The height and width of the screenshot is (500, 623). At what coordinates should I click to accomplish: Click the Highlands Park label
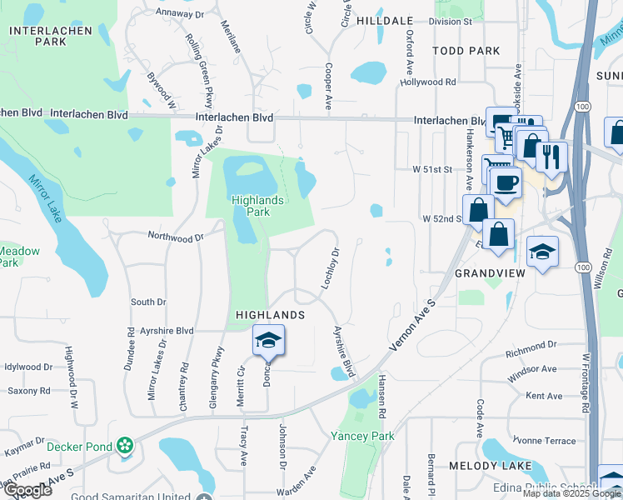click(x=257, y=206)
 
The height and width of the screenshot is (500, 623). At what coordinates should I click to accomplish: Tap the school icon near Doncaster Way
click(x=269, y=340)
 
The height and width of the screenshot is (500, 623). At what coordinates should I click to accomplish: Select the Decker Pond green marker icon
click(x=126, y=446)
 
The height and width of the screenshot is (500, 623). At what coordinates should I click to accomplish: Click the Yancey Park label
click(x=362, y=436)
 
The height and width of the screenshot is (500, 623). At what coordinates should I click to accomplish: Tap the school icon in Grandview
click(x=542, y=251)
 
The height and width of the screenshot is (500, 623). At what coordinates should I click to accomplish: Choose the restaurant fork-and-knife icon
click(x=551, y=156)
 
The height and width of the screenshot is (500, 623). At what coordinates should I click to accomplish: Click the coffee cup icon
click(x=505, y=183)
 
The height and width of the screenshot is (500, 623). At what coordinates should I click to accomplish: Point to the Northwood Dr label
click(x=175, y=237)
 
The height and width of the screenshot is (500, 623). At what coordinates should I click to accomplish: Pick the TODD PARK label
click(x=466, y=51)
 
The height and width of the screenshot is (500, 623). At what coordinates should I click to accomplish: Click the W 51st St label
click(x=431, y=169)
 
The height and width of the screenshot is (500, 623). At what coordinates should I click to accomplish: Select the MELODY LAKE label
click(x=484, y=465)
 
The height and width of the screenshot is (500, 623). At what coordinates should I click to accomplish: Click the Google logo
click(x=27, y=490)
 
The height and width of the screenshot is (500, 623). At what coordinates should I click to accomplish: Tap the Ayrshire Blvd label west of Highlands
click(x=167, y=331)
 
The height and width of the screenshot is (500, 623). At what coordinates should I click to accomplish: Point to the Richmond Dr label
click(x=531, y=344)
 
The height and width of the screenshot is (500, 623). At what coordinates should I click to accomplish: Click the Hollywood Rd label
click(x=427, y=82)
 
